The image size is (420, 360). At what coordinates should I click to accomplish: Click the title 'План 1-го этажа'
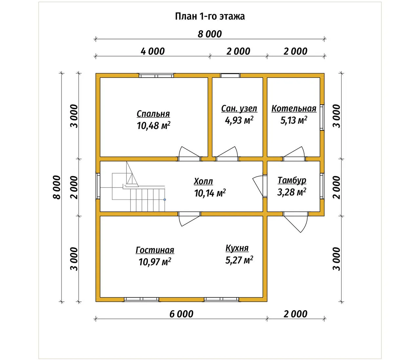(x=210, y=16)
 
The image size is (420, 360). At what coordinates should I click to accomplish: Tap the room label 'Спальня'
(x=153, y=114)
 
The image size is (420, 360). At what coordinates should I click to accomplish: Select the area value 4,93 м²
(x=239, y=120)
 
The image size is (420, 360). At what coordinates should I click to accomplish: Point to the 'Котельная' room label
(x=294, y=109)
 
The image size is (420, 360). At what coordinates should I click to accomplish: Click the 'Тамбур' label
(x=292, y=180)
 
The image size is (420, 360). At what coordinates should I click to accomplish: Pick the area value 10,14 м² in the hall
(x=210, y=193)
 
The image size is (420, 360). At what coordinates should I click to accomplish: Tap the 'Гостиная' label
(x=155, y=250)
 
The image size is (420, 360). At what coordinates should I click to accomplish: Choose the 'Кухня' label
(x=237, y=248)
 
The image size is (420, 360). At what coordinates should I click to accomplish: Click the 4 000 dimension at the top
(x=153, y=51)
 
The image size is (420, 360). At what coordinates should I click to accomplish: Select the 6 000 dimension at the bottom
(x=181, y=314)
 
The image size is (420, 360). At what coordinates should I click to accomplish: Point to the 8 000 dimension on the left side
(x=57, y=187)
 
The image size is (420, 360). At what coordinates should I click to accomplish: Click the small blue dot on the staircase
(x=165, y=200)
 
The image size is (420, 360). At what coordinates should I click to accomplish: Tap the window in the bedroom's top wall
(x=156, y=75)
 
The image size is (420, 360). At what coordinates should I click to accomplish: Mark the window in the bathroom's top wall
(x=230, y=75)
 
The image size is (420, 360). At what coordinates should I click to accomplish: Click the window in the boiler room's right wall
(x=322, y=117)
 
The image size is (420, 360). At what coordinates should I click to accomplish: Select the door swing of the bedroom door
(x=189, y=153)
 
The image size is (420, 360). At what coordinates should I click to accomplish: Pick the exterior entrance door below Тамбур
(x=296, y=222)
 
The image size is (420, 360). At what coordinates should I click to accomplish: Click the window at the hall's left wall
(x=98, y=186)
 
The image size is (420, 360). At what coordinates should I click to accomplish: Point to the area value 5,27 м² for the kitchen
(x=239, y=260)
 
